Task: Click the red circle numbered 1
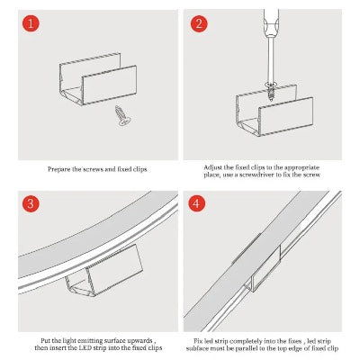tap(31, 23)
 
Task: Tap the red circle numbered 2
tap(199, 23)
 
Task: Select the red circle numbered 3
tap(31, 203)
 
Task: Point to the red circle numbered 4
tap(196, 203)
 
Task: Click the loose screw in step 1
tap(122, 115)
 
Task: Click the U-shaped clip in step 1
tap(98, 79)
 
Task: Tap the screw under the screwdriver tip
tap(271, 91)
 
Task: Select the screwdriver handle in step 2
tap(271, 22)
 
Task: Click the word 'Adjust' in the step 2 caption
tap(213, 167)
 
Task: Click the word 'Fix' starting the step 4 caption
tap(198, 341)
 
